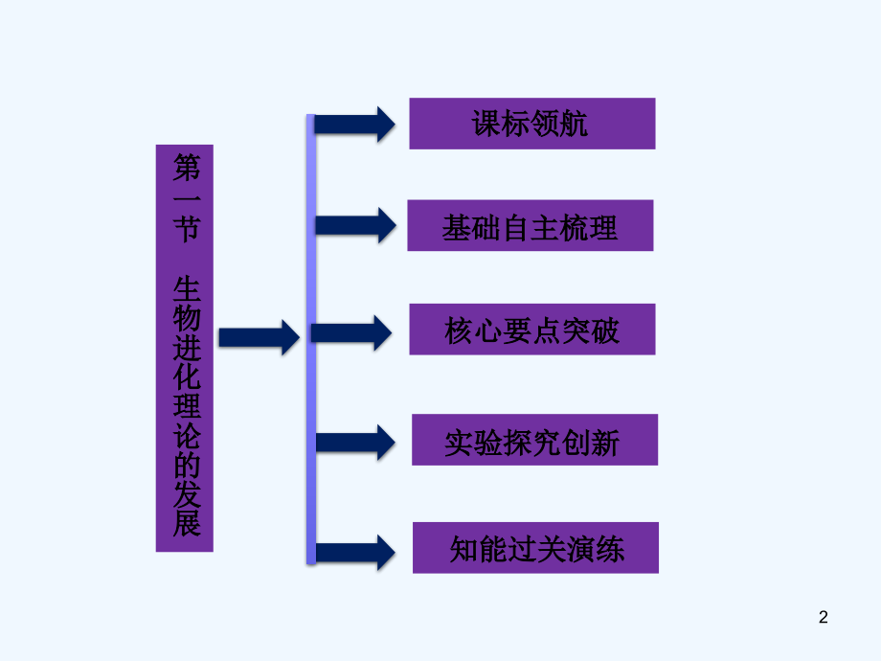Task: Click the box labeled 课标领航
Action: pyautogui.click(x=531, y=124)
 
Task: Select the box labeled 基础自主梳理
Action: pyautogui.click(x=530, y=226)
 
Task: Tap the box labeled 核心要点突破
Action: pyautogui.click(x=532, y=330)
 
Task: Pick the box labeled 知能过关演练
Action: pyautogui.click(x=535, y=548)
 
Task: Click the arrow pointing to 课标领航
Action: pyautogui.click(x=354, y=125)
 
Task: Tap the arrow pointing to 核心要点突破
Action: pyautogui.click(x=352, y=332)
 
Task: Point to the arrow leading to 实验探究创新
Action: pyautogui.click(x=354, y=442)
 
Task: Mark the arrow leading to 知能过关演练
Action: pyautogui.click(x=354, y=552)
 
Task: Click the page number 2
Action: pyautogui.click(x=823, y=618)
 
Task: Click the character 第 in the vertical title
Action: pyautogui.click(x=185, y=170)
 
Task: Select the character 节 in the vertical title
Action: pyautogui.click(x=185, y=231)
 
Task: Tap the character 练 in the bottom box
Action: pyautogui.click(x=609, y=550)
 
